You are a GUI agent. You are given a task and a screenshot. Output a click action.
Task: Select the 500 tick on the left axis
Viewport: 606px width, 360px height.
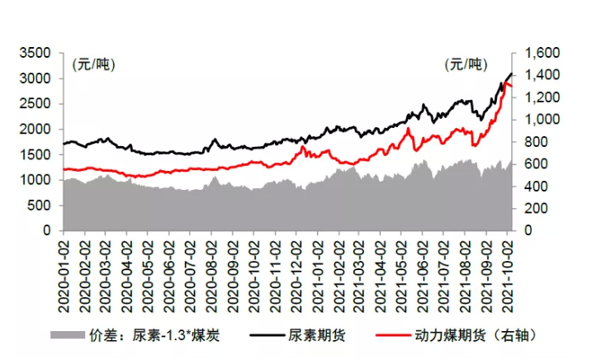[43, 206]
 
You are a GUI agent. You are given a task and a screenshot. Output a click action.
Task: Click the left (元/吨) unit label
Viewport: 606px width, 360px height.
[93, 65]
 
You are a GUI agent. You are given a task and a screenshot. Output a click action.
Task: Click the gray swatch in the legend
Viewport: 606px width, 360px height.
[67, 336]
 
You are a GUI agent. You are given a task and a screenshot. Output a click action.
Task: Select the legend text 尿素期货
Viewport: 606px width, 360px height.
[313, 336]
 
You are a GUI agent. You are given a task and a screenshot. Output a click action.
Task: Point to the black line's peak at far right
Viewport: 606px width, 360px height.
[511, 74]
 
